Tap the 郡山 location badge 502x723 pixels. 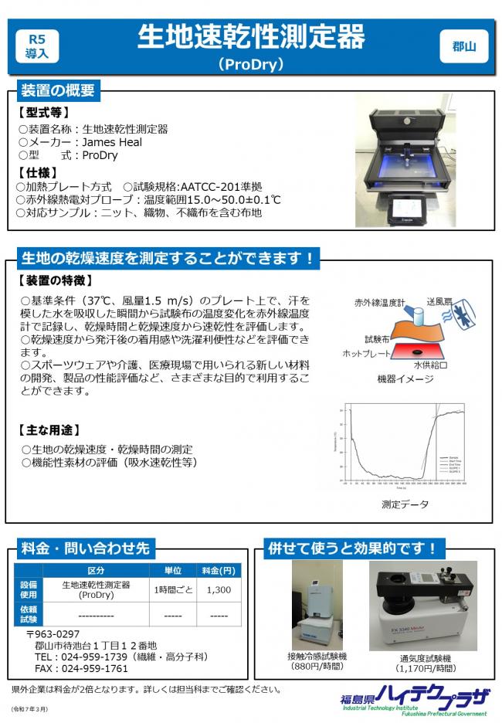pyautogui.click(x=463, y=46)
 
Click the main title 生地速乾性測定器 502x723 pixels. pyautogui.click(x=251, y=36)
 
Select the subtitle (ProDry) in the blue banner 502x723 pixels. pyautogui.click(x=251, y=64)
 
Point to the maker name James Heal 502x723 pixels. pyautogui.click(x=112, y=142)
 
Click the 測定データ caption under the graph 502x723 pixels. pyautogui.click(x=405, y=504)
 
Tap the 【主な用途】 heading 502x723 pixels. pyautogui.click(x=49, y=429)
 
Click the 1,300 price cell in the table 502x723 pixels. pyautogui.click(x=219, y=589)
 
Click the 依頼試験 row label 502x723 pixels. pyautogui.click(x=29, y=615)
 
